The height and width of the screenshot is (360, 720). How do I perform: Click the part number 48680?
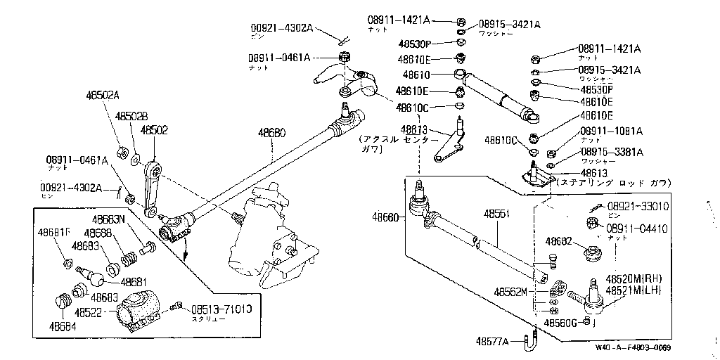coord(272,131)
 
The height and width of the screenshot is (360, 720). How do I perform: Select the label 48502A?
coord(103,96)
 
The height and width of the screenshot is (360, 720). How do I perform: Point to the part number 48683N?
coord(110,219)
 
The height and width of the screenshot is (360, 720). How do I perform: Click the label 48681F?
coord(55,233)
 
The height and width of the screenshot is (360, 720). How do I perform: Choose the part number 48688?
coord(98,233)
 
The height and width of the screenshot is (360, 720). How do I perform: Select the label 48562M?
coord(510,291)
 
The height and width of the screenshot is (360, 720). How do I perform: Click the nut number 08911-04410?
coord(637,229)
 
